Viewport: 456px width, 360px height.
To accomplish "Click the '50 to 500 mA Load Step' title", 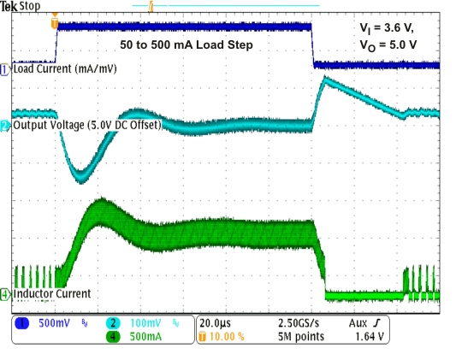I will pyautogui.click(x=187, y=42).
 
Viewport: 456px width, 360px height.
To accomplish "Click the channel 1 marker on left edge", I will pyautogui.click(x=5, y=68).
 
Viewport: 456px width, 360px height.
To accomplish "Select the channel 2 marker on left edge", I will pyautogui.click(x=5, y=127).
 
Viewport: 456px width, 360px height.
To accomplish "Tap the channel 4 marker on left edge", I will pyautogui.click(x=5, y=294).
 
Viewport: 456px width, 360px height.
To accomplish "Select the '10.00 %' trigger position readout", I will pyautogui.click(x=225, y=337).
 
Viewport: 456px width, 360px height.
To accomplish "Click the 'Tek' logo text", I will pyautogui.click(x=9, y=6).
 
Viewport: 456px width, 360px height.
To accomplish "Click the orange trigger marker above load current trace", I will pyautogui.click(x=56, y=22).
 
